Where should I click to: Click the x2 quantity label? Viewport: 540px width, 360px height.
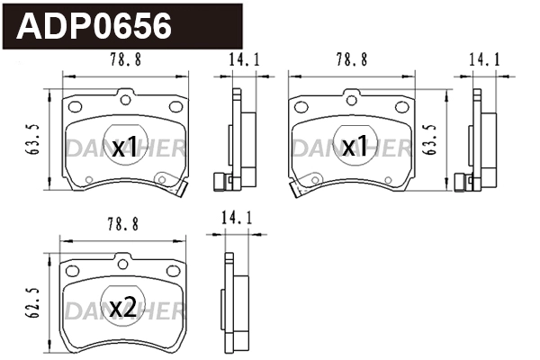[x=123, y=308]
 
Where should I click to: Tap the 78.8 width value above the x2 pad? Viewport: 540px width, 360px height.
[x=123, y=224]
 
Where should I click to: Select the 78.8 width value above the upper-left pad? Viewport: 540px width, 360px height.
[x=123, y=62]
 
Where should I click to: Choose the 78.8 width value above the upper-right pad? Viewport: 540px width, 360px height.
[x=351, y=62]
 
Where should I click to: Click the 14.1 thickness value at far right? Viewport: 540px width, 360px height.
[x=484, y=62]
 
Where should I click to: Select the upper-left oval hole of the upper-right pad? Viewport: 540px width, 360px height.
[x=301, y=107]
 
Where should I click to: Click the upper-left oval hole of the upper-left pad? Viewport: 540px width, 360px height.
[x=74, y=107]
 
